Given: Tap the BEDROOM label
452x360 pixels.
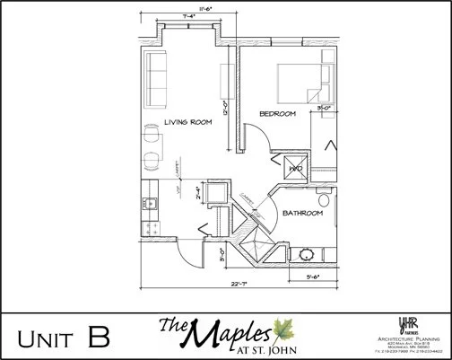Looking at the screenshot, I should tap(277, 114).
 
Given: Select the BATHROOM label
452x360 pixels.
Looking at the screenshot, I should tap(301, 214).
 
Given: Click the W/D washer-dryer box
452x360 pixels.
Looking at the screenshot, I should tap(295, 167).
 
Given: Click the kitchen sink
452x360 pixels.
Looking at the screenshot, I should tap(151, 203).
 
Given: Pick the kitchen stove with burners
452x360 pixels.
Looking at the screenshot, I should tap(149, 222).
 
